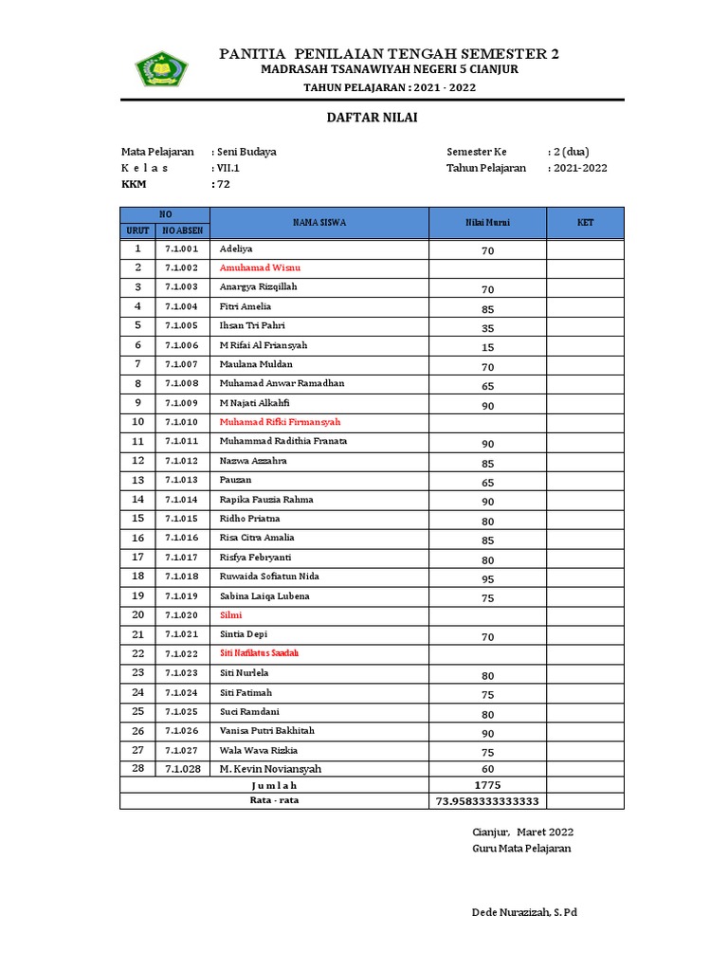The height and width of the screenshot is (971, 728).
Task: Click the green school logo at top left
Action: pyautogui.click(x=162, y=68)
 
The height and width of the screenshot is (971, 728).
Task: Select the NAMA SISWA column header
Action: pyautogui.click(x=319, y=223)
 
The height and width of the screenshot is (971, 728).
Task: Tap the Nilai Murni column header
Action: pyautogui.click(x=487, y=223)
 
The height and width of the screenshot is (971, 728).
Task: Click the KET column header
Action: pyautogui.click(x=585, y=223)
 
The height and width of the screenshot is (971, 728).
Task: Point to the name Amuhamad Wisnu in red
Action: pyautogui.click(x=260, y=268)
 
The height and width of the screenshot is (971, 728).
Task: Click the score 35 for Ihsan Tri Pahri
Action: pyautogui.click(x=487, y=328)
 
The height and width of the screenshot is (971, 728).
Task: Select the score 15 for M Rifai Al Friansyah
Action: pyautogui.click(x=487, y=347)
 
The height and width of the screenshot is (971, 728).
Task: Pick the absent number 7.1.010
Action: pyautogui.click(x=181, y=422)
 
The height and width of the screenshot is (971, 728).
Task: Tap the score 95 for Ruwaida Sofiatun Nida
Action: pyautogui.click(x=487, y=578)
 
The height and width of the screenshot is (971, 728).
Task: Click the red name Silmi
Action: pyautogui.click(x=230, y=615)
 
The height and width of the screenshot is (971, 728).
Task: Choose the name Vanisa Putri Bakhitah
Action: pyautogui.click(x=266, y=731)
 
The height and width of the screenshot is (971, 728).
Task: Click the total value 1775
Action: pyautogui.click(x=487, y=785)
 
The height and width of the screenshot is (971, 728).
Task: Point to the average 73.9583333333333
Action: pyautogui.click(x=487, y=801)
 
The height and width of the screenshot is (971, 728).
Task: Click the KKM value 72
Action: pyautogui.click(x=223, y=185)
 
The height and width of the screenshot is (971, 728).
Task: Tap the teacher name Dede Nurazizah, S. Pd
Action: pyautogui.click(x=524, y=912)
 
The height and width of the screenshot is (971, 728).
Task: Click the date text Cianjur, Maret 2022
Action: pyautogui.click(x=522, y=833)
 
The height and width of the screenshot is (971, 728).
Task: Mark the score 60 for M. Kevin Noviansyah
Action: pyautogui.click(x=487, y=769)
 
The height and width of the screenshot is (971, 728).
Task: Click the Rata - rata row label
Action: pyautogui.click(x=274, y=800)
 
